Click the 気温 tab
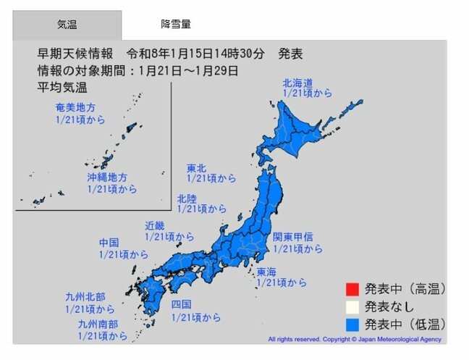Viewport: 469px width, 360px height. click(x=67, y=25)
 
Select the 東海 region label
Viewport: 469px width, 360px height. click(x=266, y=272)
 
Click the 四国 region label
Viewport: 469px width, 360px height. click(x=181, y=305)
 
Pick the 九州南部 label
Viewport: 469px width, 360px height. click(x=98, y=325)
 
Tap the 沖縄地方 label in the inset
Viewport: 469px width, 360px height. click(x=106, y=177)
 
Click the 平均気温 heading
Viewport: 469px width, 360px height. click(x=62, y=87)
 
